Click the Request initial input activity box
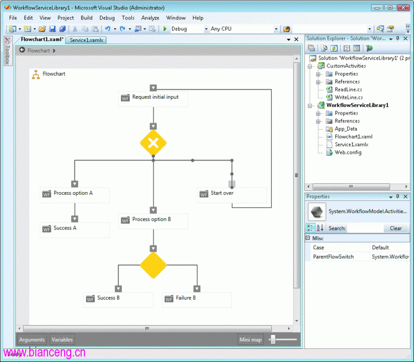click(153, 99)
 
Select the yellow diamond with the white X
click(153, 143)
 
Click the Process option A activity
click(75, 195)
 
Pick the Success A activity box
click(75, 230)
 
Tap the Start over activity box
click(232, 195)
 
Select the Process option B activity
click(153, 221)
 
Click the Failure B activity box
click(197, 300)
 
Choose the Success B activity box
click(118, 300)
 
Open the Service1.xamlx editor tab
click(86, 40)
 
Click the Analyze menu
click(150, 18)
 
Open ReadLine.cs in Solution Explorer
click(348, 89)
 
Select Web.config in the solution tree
click(348, 152)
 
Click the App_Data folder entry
click(346, 129)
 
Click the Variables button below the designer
click(62, 339)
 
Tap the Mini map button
click(250, 339)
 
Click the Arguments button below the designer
click(32, 339)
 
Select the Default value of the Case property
click(380, 248)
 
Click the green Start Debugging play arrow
click(164, 29)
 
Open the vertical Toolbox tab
click(8, 51)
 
